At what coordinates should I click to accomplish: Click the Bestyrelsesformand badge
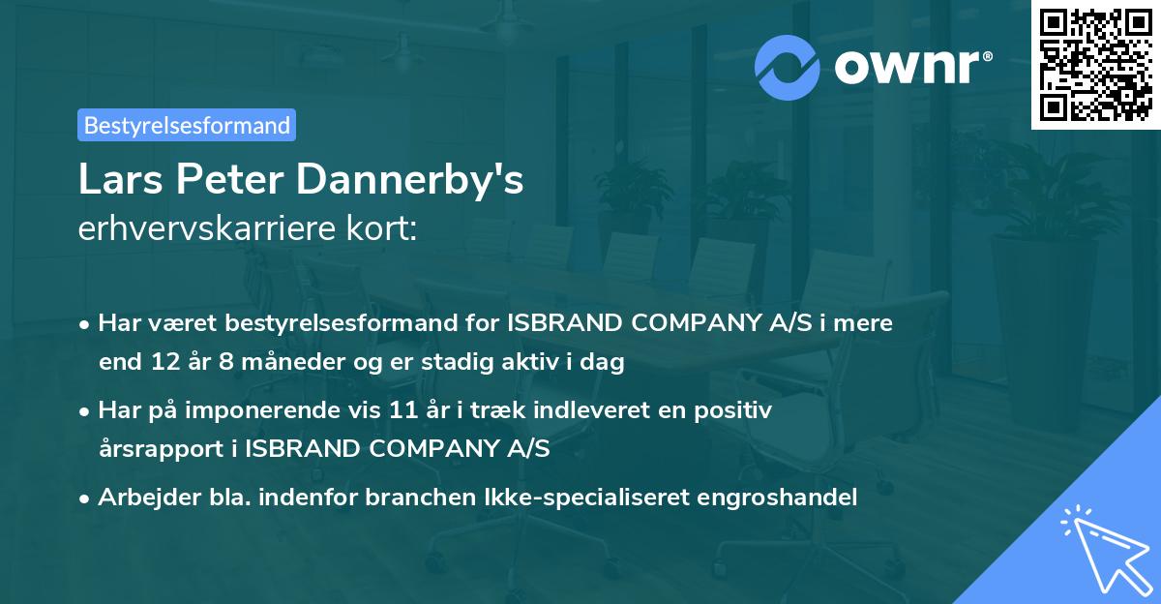tap(186, 125)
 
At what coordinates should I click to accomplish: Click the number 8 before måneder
tap(226, 363)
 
